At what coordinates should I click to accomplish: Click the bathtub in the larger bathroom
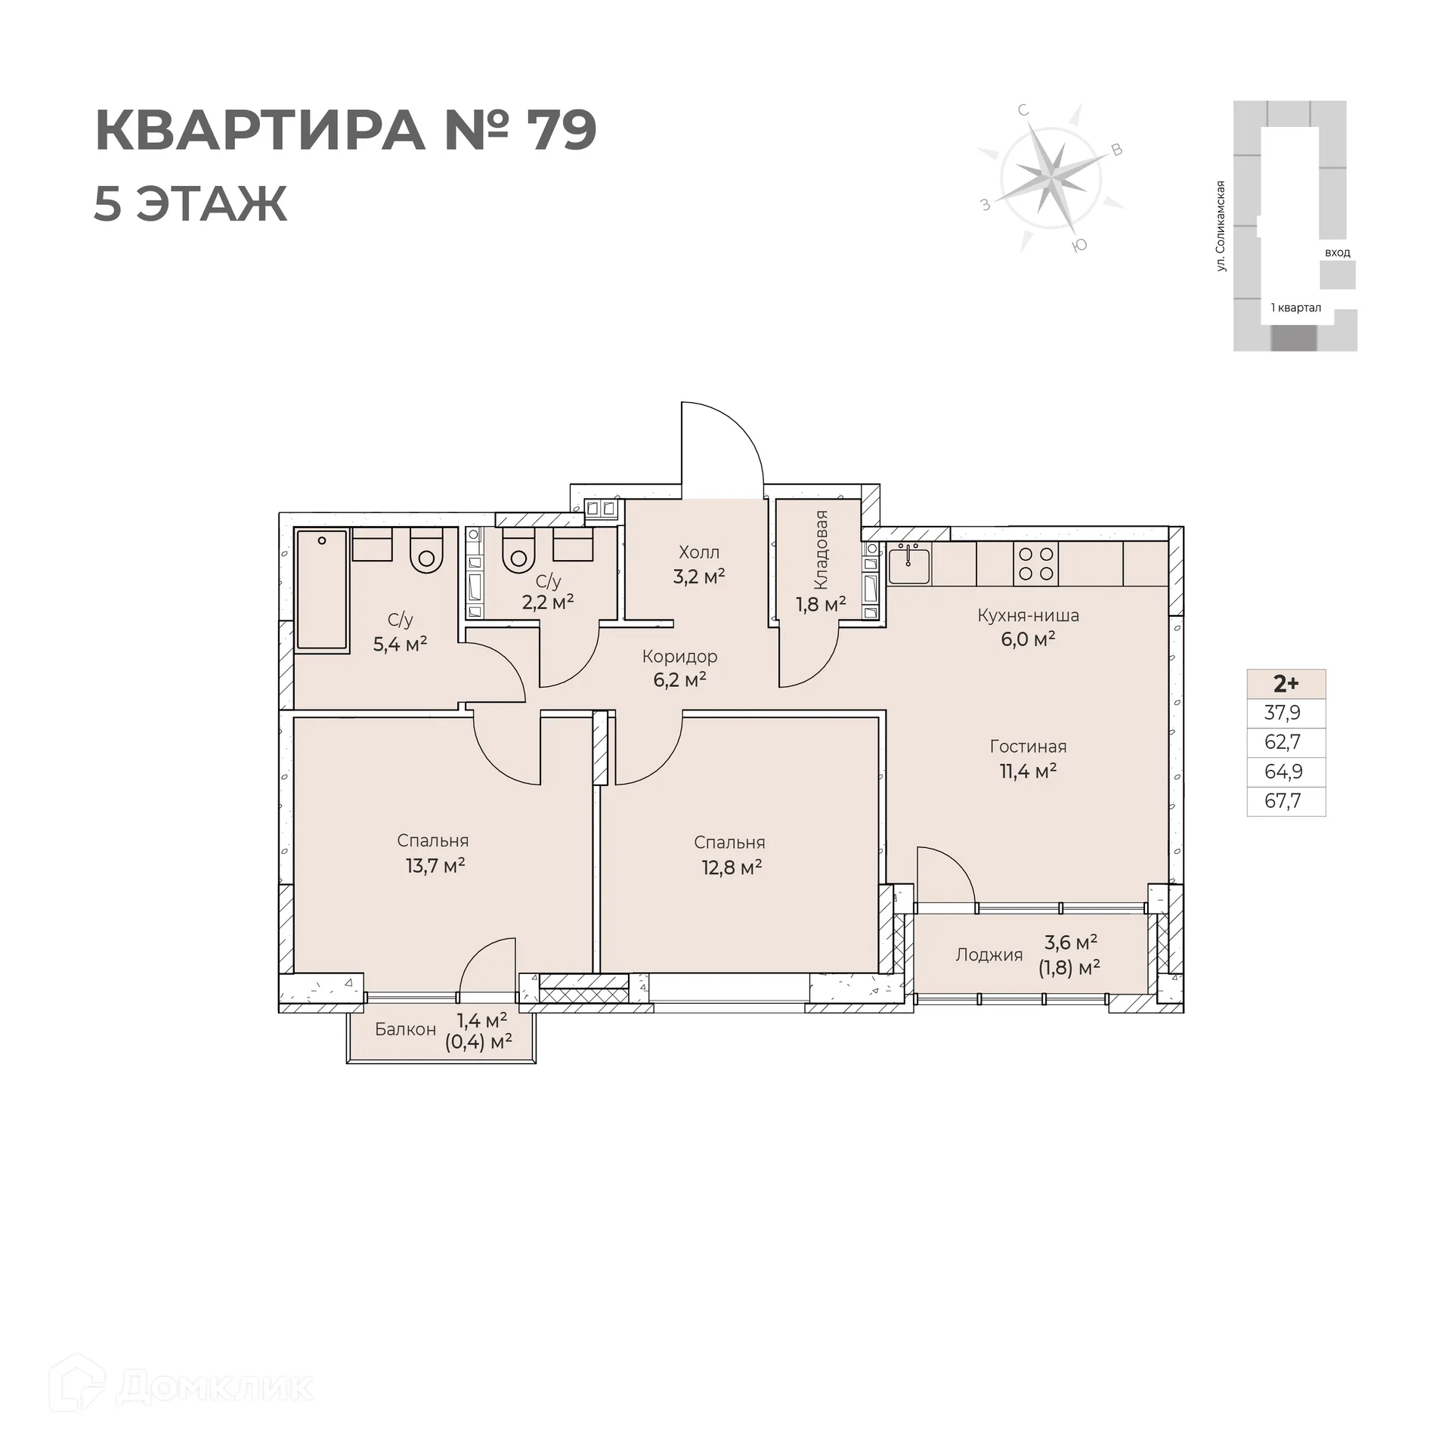pyautogui.click(x=322, y=590)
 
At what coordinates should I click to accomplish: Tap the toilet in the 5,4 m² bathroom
pyautogui.click(x=426, y=552)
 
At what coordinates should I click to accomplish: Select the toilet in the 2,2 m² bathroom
pyautogui.click(x=518, y=552)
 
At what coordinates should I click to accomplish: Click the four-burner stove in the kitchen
pyautogui.click(x=1035, y=564)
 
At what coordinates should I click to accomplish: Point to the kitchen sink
pyautogui.click(x=908, y=565)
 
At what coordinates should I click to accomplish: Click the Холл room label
pyautogui.click(x=699, y=552)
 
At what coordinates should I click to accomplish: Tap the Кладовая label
pyautogui.click(x=821, y=550)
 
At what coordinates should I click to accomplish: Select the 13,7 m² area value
pyautogui.click(x=435, y=866)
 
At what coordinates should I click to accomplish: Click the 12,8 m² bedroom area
pyautogui.click(x=731, y=868)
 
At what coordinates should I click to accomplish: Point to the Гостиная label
pyautogui.click(x=1028, y=747)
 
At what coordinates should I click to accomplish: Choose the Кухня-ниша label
pyautogui.click(x=1028, y=615)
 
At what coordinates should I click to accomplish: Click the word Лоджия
pyautogui.click(x=988, y=955)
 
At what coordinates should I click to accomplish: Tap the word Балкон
pyautogui.click(x=405, y=1029)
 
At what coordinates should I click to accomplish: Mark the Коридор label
pyautogui.click(x=679, y=657)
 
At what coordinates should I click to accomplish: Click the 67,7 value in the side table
pyautogui.click(x=1282, y=801)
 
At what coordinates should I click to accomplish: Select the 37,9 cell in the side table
pyautogui.click(x=1282, y=713)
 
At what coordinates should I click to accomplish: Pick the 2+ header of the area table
pyautogui.click(x=1285, y=684)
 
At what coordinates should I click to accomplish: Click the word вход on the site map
pyautogui.click(x=1337, y=252)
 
